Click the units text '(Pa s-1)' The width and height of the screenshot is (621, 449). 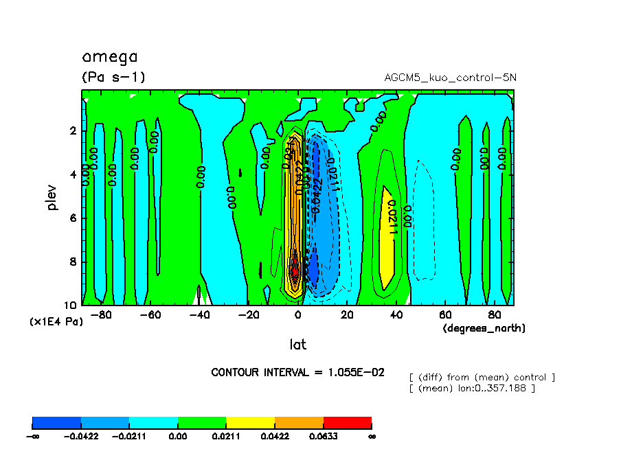tap(113, 77)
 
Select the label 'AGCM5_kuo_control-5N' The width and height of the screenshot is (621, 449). tap(450, 77)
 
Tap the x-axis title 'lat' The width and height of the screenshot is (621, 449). tap(297, 344)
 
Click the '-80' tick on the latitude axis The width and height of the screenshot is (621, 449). tap(101, 314)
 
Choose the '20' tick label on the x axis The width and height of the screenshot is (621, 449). tap(347, 314)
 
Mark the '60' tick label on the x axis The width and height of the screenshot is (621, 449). tap(445, 314)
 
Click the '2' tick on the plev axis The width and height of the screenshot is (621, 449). tap(73, 131)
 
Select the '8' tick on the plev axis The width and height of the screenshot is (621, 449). tap(73, 262)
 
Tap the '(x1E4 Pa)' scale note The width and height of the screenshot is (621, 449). tap(56, 321)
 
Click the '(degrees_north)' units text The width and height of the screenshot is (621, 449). tap(484, 328)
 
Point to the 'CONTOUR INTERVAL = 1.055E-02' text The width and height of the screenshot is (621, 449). tap(297, 372)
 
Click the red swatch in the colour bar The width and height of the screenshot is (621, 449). tap(347, 422)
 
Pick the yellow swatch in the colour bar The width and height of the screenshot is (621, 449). tap(250, 422)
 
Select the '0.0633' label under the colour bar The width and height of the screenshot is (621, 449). tap(323, 435)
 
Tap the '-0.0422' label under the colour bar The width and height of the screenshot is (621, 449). tap(81, 435)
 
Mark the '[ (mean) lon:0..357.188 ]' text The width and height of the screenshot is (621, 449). tap(472, 389)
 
